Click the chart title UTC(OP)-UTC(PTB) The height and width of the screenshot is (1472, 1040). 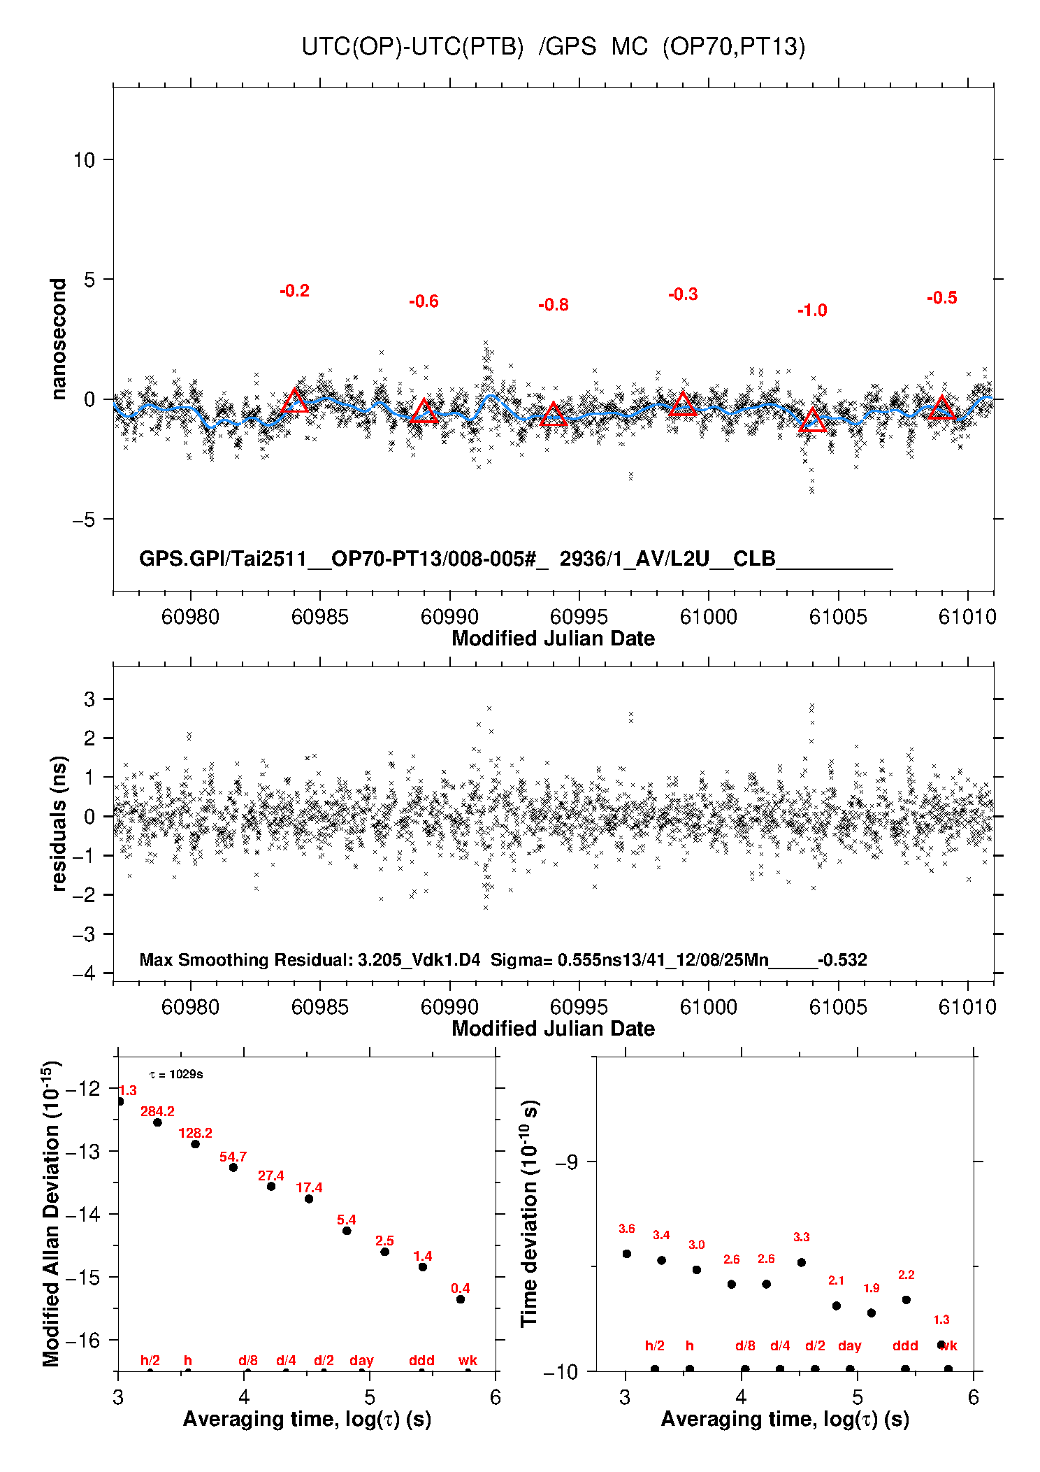click(412, 47)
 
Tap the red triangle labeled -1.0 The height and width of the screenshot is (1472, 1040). click(812, 420)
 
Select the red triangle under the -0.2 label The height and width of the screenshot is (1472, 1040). click(294, 401)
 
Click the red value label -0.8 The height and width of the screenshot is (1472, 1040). click(554, 305)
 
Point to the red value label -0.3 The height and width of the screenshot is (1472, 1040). click(683, 294)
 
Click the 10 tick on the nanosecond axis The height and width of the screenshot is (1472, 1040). click(84, 160)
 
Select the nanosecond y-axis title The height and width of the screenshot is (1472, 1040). click(59, 339)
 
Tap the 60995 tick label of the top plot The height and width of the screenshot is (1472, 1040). click(579, 617)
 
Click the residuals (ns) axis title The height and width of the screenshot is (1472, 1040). click(59, 823)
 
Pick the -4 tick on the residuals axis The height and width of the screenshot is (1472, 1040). click(84, 973)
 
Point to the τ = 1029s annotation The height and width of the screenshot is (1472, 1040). click(177, 1074)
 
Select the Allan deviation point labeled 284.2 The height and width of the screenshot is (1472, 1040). click(158, 1122)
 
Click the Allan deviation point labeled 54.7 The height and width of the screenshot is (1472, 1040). click(233, 1167)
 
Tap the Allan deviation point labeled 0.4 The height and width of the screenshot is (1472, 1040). click(461, 1299)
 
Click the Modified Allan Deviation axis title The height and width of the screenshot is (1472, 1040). click(52, 1213)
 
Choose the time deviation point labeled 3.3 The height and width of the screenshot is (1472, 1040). click(802, 1262)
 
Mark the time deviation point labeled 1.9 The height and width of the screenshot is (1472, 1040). click(872, 1313)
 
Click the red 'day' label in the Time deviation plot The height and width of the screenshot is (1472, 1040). click(850, 1345)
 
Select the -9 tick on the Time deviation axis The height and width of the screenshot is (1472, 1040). click(567, 1162)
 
